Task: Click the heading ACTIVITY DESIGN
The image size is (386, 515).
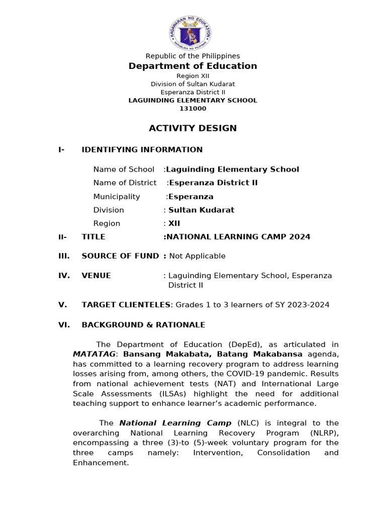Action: tap(192, 128)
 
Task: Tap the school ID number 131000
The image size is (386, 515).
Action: tap(192, 109)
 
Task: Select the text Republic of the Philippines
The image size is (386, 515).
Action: tap(192, 56)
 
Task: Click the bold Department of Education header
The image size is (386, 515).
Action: tap(192, 66)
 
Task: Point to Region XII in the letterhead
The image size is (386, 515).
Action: tap(192, 76)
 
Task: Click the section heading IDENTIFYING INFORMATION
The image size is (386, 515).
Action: tap(142, 150)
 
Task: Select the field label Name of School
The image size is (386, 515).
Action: tap(124, 169)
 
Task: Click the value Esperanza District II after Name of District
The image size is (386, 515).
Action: tap(213, 183)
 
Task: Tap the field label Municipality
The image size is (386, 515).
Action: tap(117, 197)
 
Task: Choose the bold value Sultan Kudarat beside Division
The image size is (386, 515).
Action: tap(201, 210)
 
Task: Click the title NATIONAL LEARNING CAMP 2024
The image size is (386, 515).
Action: tap(238, 237)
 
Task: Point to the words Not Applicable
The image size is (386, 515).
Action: tap(198, 256)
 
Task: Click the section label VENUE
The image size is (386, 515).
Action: tap(96, 276)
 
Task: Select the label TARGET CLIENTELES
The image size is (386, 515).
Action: tap(126, 305)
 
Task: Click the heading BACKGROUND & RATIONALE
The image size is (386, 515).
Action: tap(143, 325)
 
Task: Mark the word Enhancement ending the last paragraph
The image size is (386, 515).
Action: tap(100, 463)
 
